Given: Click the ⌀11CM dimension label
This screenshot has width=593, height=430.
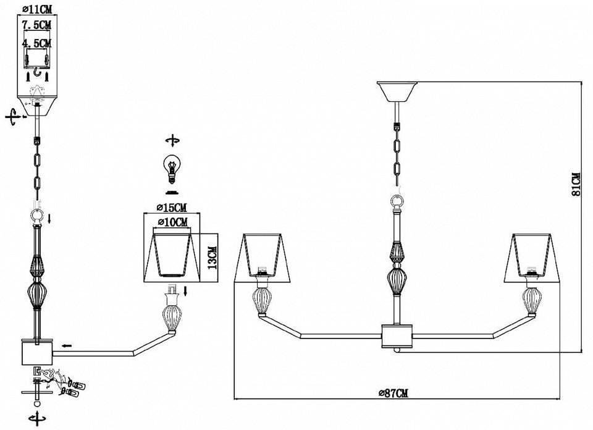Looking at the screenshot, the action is pyautogui.click(x=37, y=8).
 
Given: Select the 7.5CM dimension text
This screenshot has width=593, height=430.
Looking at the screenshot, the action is pyautogui.click(x=36, y=25).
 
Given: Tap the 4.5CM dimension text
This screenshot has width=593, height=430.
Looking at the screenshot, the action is pyautogui.click(x=36, y=43).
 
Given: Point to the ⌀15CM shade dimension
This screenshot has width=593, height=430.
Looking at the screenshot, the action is pyautogui.click(x=172, y=207).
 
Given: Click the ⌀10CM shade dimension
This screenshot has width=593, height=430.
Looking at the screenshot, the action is pyautogui.click(x=172, y=222).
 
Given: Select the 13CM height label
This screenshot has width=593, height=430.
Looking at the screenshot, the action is pyautogui.click(x=213, y=258).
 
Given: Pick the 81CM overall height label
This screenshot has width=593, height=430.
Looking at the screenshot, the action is pyautogui.click(x=576, y=184).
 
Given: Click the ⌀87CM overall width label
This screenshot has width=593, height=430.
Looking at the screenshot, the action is pyautogui.click(x=393, y=393).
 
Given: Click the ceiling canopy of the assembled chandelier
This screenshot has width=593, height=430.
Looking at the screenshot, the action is pyautogui.click(x=397, y=91).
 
